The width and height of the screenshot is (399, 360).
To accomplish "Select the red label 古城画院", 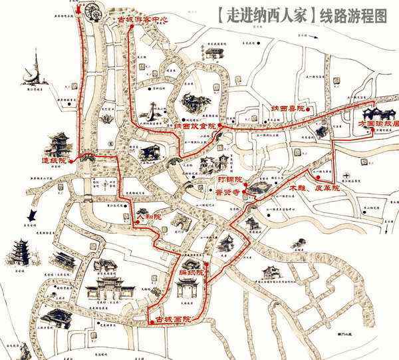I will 172,319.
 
